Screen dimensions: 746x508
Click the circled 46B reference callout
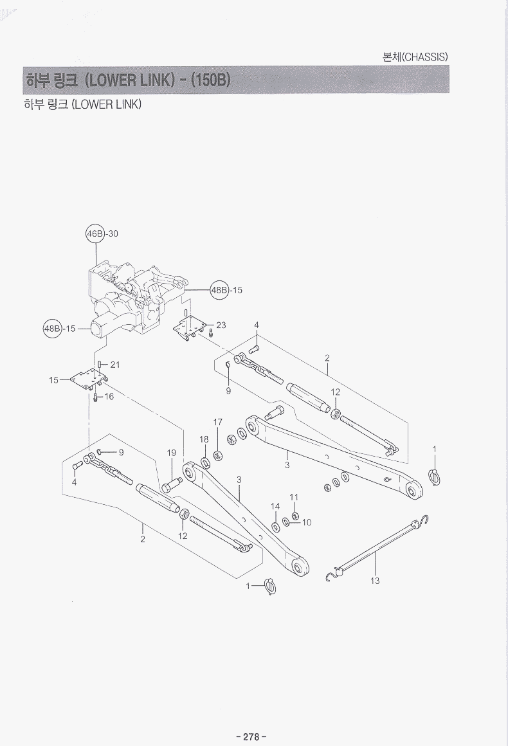(95, 233)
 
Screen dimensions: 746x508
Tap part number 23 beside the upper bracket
(221, 325)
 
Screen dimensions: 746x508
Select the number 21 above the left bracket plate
(115, 365)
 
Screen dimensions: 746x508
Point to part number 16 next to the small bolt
(109, 397)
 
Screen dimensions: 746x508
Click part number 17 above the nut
(218, 423)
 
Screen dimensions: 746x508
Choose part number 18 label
(204, 439)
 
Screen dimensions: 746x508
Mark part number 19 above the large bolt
(172, 453)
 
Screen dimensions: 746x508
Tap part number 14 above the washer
(275, 507)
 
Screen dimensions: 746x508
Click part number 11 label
(294, 497)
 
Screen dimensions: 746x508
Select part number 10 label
(306, 522)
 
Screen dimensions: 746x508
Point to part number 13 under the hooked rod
(376, 581)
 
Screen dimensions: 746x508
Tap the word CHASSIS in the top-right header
(424, 57)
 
